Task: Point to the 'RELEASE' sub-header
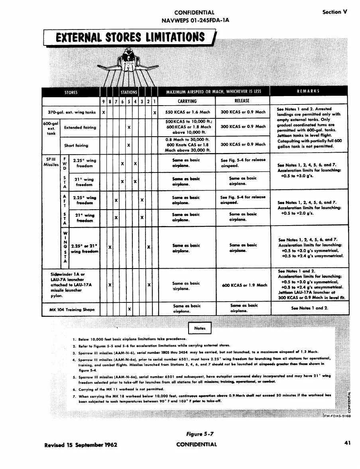pyautogui.click(x=242, y=101)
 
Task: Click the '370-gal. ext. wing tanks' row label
pyautogui.click(x=69, y=112)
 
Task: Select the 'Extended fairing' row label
pyautogui.click(x=80, y=128)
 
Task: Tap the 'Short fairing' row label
pyautogui.click(x=76, y=145)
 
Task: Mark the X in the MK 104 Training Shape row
pyautogui.click(x=129, y=309)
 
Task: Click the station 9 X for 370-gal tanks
pyautogui.click(x=104, y=112)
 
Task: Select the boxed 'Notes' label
pyautogui.click(x=199, y=328)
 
